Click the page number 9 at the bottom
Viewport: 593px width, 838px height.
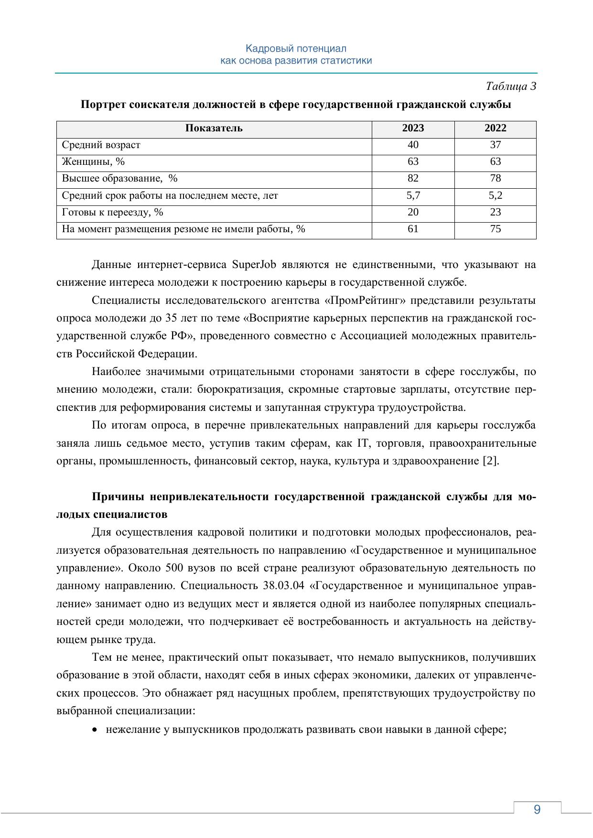tap(537, 809)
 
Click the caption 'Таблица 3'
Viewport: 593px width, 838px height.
tap(511, 86)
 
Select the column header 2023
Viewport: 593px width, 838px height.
tap(413, 128)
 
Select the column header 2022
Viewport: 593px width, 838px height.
tap(495, 128)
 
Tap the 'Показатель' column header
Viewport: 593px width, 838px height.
tap(214, 128)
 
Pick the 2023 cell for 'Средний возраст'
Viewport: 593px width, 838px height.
tap(413, 145)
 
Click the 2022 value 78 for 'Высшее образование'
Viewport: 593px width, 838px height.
tap(495, 178)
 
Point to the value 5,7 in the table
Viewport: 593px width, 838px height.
tap(413, 195)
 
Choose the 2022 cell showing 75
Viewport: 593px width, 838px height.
tap(495, 229)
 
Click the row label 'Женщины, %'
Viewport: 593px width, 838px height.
tap(93, 161)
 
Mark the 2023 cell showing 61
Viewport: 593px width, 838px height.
tap(413, 229)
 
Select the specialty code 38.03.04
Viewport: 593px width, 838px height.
tap(284, 586)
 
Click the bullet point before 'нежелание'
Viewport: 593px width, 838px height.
tap(96, 731)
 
